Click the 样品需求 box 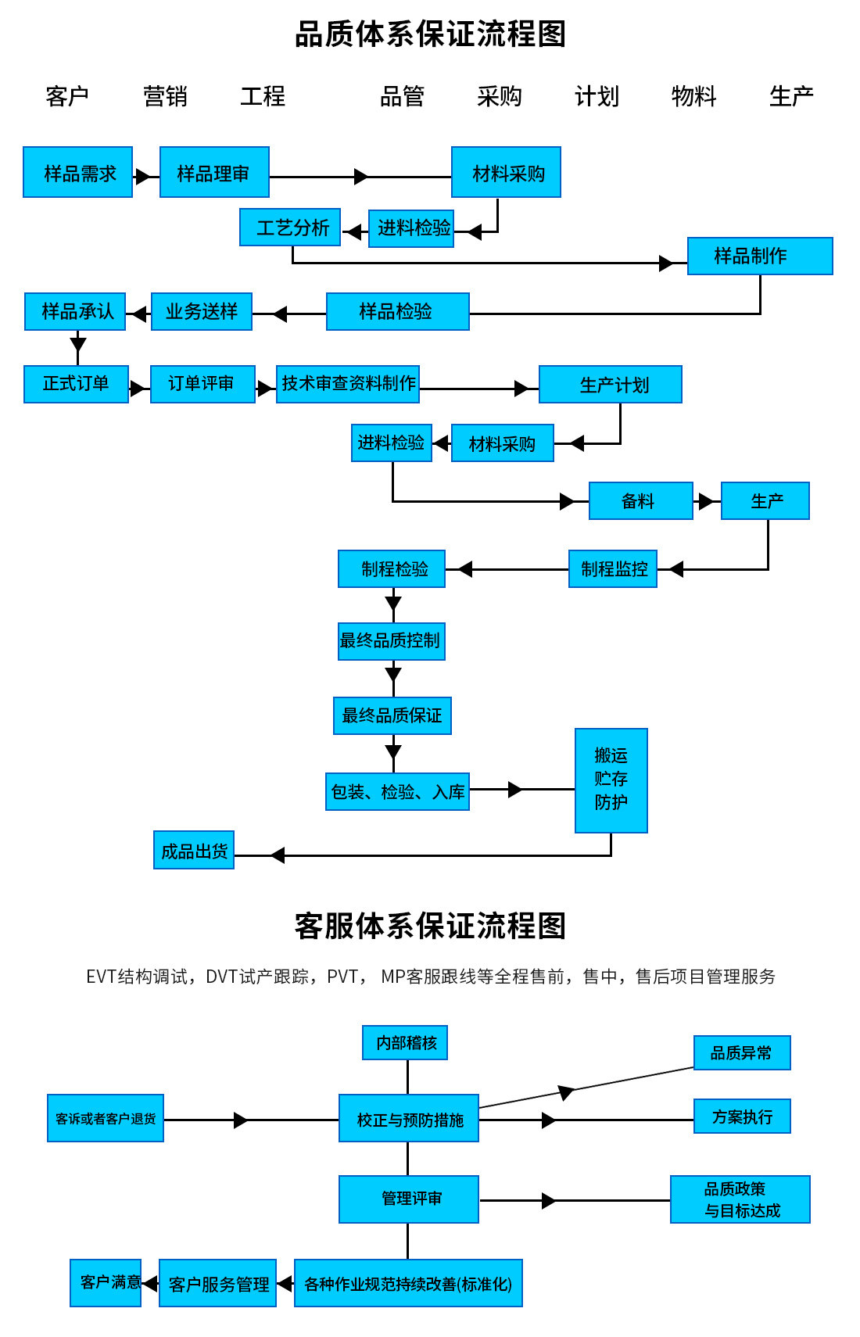click(77, 172)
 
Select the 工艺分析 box click(290, 228)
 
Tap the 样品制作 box click(760, 256)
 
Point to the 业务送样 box click(202, 311)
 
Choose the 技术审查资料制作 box click(348, 384)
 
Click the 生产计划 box click(610, 385)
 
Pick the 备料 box click(640, 501)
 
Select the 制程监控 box click(613, 568)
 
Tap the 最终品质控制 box click(391, 640)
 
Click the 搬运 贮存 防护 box click(611, 780)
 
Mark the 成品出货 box click(194, 850)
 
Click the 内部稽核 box click(405, 1042)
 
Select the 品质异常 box click(742, 1052)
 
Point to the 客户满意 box click(106, 1282)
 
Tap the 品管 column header click(402, 96)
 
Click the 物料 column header click(693, 96)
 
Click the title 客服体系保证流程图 click(430, 926)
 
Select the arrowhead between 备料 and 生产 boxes click(706, 501)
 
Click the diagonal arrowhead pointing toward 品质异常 click(566, 1091)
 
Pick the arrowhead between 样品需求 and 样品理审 click(142, 177)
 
